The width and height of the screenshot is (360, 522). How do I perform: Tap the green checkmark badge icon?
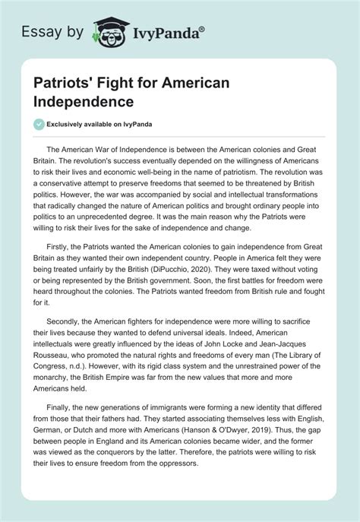pos(39,124)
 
